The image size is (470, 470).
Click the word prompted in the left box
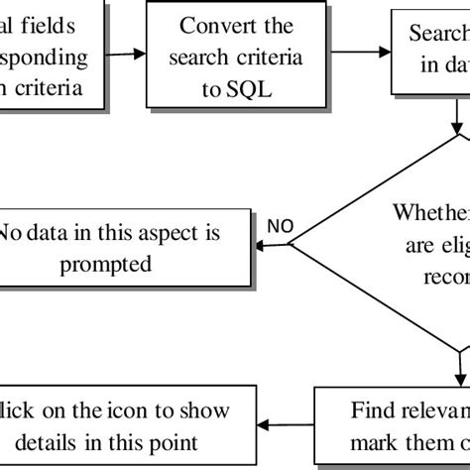pos(119,265)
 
